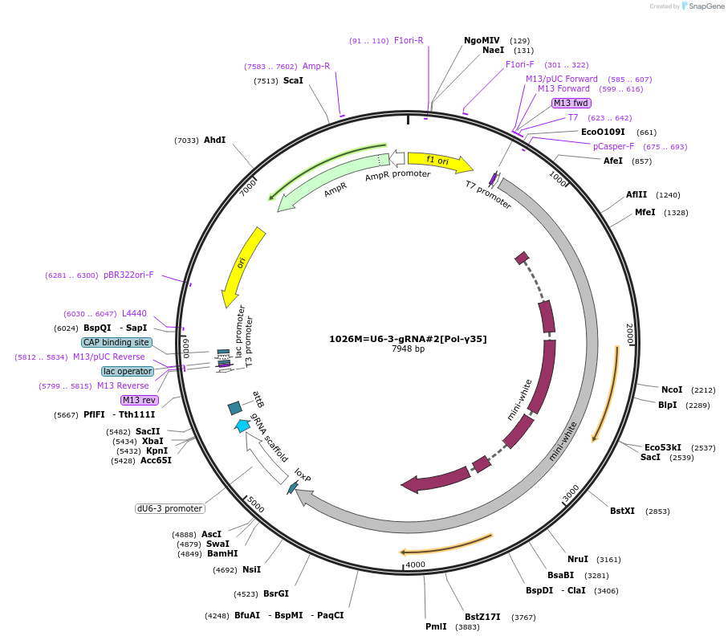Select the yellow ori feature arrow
tap(244, 266)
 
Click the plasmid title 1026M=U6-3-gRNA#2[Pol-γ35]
tap(408, 339)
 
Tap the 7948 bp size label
tap(408, 349)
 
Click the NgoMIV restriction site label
tap(482, 40)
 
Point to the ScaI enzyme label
tap(293, 80)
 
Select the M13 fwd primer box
tap(571, 103)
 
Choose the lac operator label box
tap(127, 371)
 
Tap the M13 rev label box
tap(140, 400)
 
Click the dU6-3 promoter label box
tap(169, 508)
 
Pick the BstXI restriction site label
tap(622, 511)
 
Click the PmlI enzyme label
tap(437, 626)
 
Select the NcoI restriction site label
tap(672, 389)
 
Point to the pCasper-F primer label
tap(613, 146)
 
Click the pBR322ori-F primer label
tap(128, 275)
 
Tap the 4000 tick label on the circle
tap(415, 565)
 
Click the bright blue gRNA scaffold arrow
tap(242, 426)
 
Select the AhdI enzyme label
tap(214, 140)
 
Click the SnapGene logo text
tap(704, 6)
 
